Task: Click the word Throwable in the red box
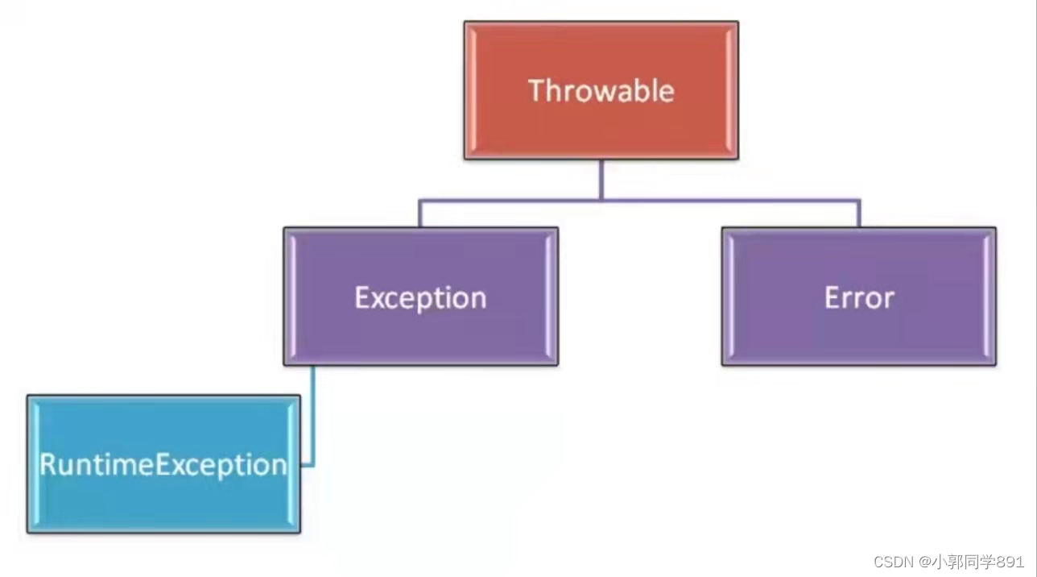click(601, 90)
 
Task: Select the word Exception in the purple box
click(420, 297)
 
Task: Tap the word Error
click(859, 297)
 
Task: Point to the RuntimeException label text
click(163, 464)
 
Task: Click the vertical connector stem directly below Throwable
click(601, 179)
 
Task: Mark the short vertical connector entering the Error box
click(859, 214)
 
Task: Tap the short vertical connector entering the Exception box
click(420, 214)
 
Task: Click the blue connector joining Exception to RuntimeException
click(312, 419)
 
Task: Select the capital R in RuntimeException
click(48, 464)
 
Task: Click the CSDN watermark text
click(892, 561)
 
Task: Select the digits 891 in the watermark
click(1011, 561)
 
